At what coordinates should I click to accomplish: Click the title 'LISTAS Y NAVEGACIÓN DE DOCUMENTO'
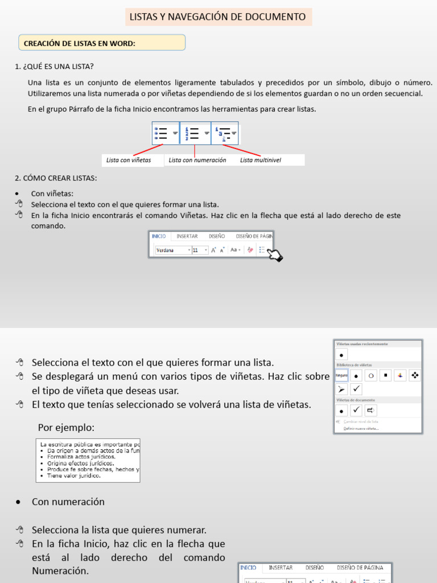pyautogui.click(x=218, y=17)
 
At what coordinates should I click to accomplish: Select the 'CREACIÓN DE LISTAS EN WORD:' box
pyautogui.click(x=102, y=43)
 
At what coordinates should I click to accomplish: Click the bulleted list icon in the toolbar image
pyautogui.click(x=164, y=133)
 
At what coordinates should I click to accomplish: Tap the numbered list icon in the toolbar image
pyautogui.click(x=195, y=133)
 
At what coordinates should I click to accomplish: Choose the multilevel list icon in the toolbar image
pyautogui.click(x=225, y=133)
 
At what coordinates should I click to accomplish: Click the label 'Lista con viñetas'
pyautogui.click(x=129, y=161)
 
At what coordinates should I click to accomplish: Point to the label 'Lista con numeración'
pyautogui.click(x=197, y=161)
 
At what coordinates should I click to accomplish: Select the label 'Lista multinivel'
pyautogui.click(x=261, y=161)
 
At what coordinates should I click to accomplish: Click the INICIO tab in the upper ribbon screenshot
pyautogui.click(x=159, y=236)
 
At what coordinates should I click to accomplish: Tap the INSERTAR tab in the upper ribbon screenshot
pyautogui.click(x=187, y=236)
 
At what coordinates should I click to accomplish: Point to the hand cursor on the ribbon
pyautogui.click(x=274, y=255)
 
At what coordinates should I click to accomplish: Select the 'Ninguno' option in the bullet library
pyautogui.click(x=341, y=376)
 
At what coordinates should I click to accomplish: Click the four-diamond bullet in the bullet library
pyautogui.click(x=415, y=376)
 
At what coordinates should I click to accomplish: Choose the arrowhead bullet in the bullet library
pyautogui.click(x=341, y=389)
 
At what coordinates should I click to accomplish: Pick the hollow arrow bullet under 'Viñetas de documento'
pyautogui.click(x=370, y=410)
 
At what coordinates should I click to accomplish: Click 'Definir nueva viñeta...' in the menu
pyautogui.click(x=361, y=428)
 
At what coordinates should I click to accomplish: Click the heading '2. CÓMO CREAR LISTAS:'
pyautogui.click(x=56, y=178)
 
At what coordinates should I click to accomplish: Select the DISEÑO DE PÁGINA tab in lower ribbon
pyautogui.click(x=360, y=568)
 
